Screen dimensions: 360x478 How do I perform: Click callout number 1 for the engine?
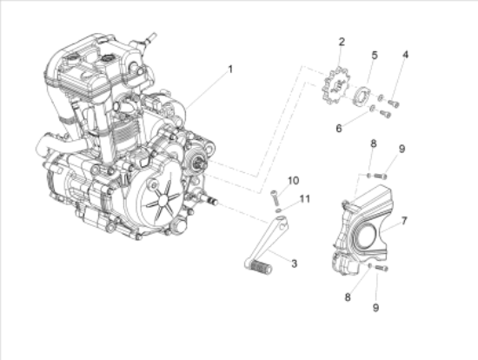[230, 68]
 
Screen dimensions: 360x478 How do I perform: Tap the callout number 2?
[342, 42]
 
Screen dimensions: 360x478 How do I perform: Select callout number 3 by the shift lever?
[295, 263]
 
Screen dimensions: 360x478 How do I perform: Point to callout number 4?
[405, 56]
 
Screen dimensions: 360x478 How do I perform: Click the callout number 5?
[375, 55]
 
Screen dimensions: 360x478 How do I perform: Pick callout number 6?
[339, 127]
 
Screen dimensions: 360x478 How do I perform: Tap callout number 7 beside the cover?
[403, 221]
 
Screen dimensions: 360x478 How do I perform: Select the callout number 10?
[294, 180]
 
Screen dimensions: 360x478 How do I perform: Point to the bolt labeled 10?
[276, 194]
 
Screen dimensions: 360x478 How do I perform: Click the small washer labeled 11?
[276, 210]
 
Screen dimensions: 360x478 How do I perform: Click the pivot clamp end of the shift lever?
[276, 227]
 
